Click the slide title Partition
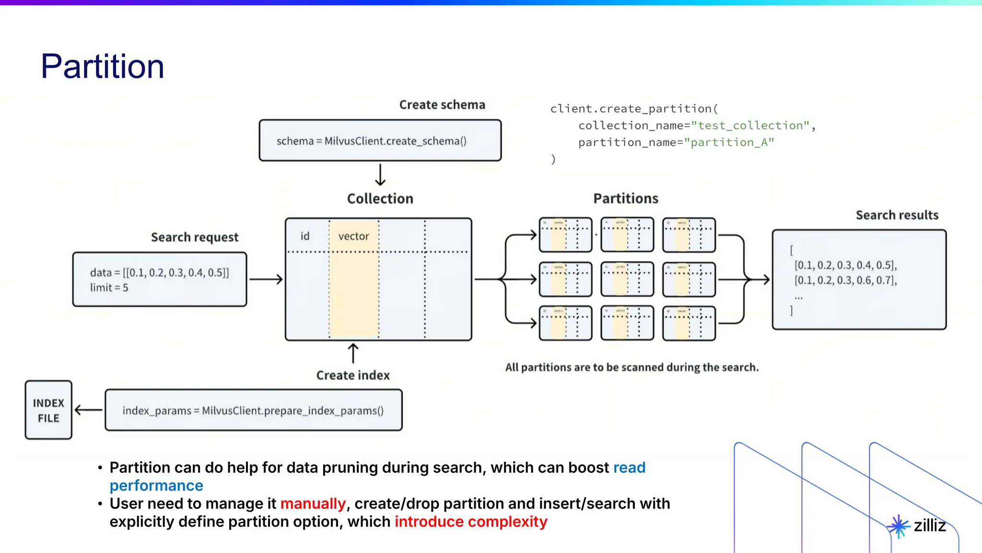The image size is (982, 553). tap(102, 66)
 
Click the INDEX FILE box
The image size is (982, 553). tap(48, 410)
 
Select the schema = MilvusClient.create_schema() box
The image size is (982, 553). tap(380, 141)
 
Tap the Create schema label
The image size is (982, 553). tap(442, 105)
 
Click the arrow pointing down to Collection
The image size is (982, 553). tap(380, 175)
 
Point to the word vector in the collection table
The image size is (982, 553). tap(353, 236)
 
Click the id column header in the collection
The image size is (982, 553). tap(305, 236)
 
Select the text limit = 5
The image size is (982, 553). tap(109, 288)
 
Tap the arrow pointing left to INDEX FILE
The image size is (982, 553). tap(89, 410)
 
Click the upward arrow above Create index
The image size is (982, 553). tap(353, 353)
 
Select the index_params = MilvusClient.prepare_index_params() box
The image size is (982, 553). tap(253, 410)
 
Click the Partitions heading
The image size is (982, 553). tap(625, 198)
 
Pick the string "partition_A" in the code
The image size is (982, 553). tap(729, 142)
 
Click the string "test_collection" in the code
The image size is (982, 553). tap(750, 125)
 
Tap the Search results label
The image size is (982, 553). tap(897, 215)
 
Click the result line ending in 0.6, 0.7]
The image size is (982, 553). tap(845, 280)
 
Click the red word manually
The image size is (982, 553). tap(313, 504)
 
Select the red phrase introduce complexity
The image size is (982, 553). tap(471, 522)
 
